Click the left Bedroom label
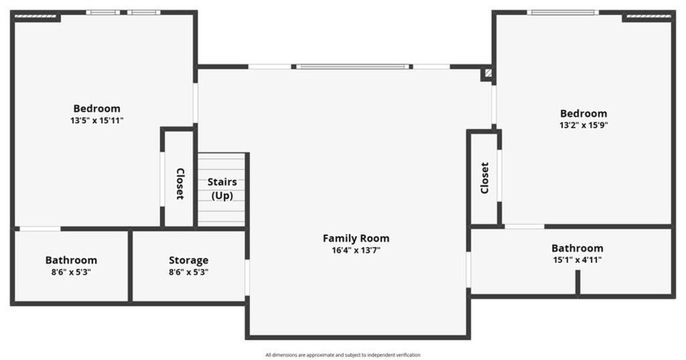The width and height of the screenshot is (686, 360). click(96, 109)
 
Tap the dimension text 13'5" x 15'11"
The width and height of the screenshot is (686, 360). click(96, 121)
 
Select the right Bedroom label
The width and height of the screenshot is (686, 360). click(583, 113)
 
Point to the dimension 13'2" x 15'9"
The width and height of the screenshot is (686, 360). click(583, 126)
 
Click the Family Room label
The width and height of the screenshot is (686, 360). click(356, 238)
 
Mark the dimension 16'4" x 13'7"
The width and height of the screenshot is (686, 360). click(356, 251)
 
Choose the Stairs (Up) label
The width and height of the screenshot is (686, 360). click(222, 188)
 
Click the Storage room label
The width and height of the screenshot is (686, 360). click(189, 260)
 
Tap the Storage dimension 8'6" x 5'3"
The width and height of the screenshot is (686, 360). click(189, 273)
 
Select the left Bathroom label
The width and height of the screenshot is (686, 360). click(71, 260)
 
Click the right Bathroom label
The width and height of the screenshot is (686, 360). click(577, 248)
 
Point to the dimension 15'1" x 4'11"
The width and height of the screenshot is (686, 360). click(577, 260)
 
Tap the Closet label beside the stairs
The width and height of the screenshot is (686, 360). click(180, 184)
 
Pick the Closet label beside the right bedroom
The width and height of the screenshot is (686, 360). click(484, 177)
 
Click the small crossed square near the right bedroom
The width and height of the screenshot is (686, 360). click(488, 73)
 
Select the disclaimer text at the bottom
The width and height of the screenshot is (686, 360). click(342, 355)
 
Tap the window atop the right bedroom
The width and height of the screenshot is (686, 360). click(562, 12)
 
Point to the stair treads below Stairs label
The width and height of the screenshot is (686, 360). click(221, 212)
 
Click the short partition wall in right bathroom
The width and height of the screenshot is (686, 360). click(577, 282)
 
